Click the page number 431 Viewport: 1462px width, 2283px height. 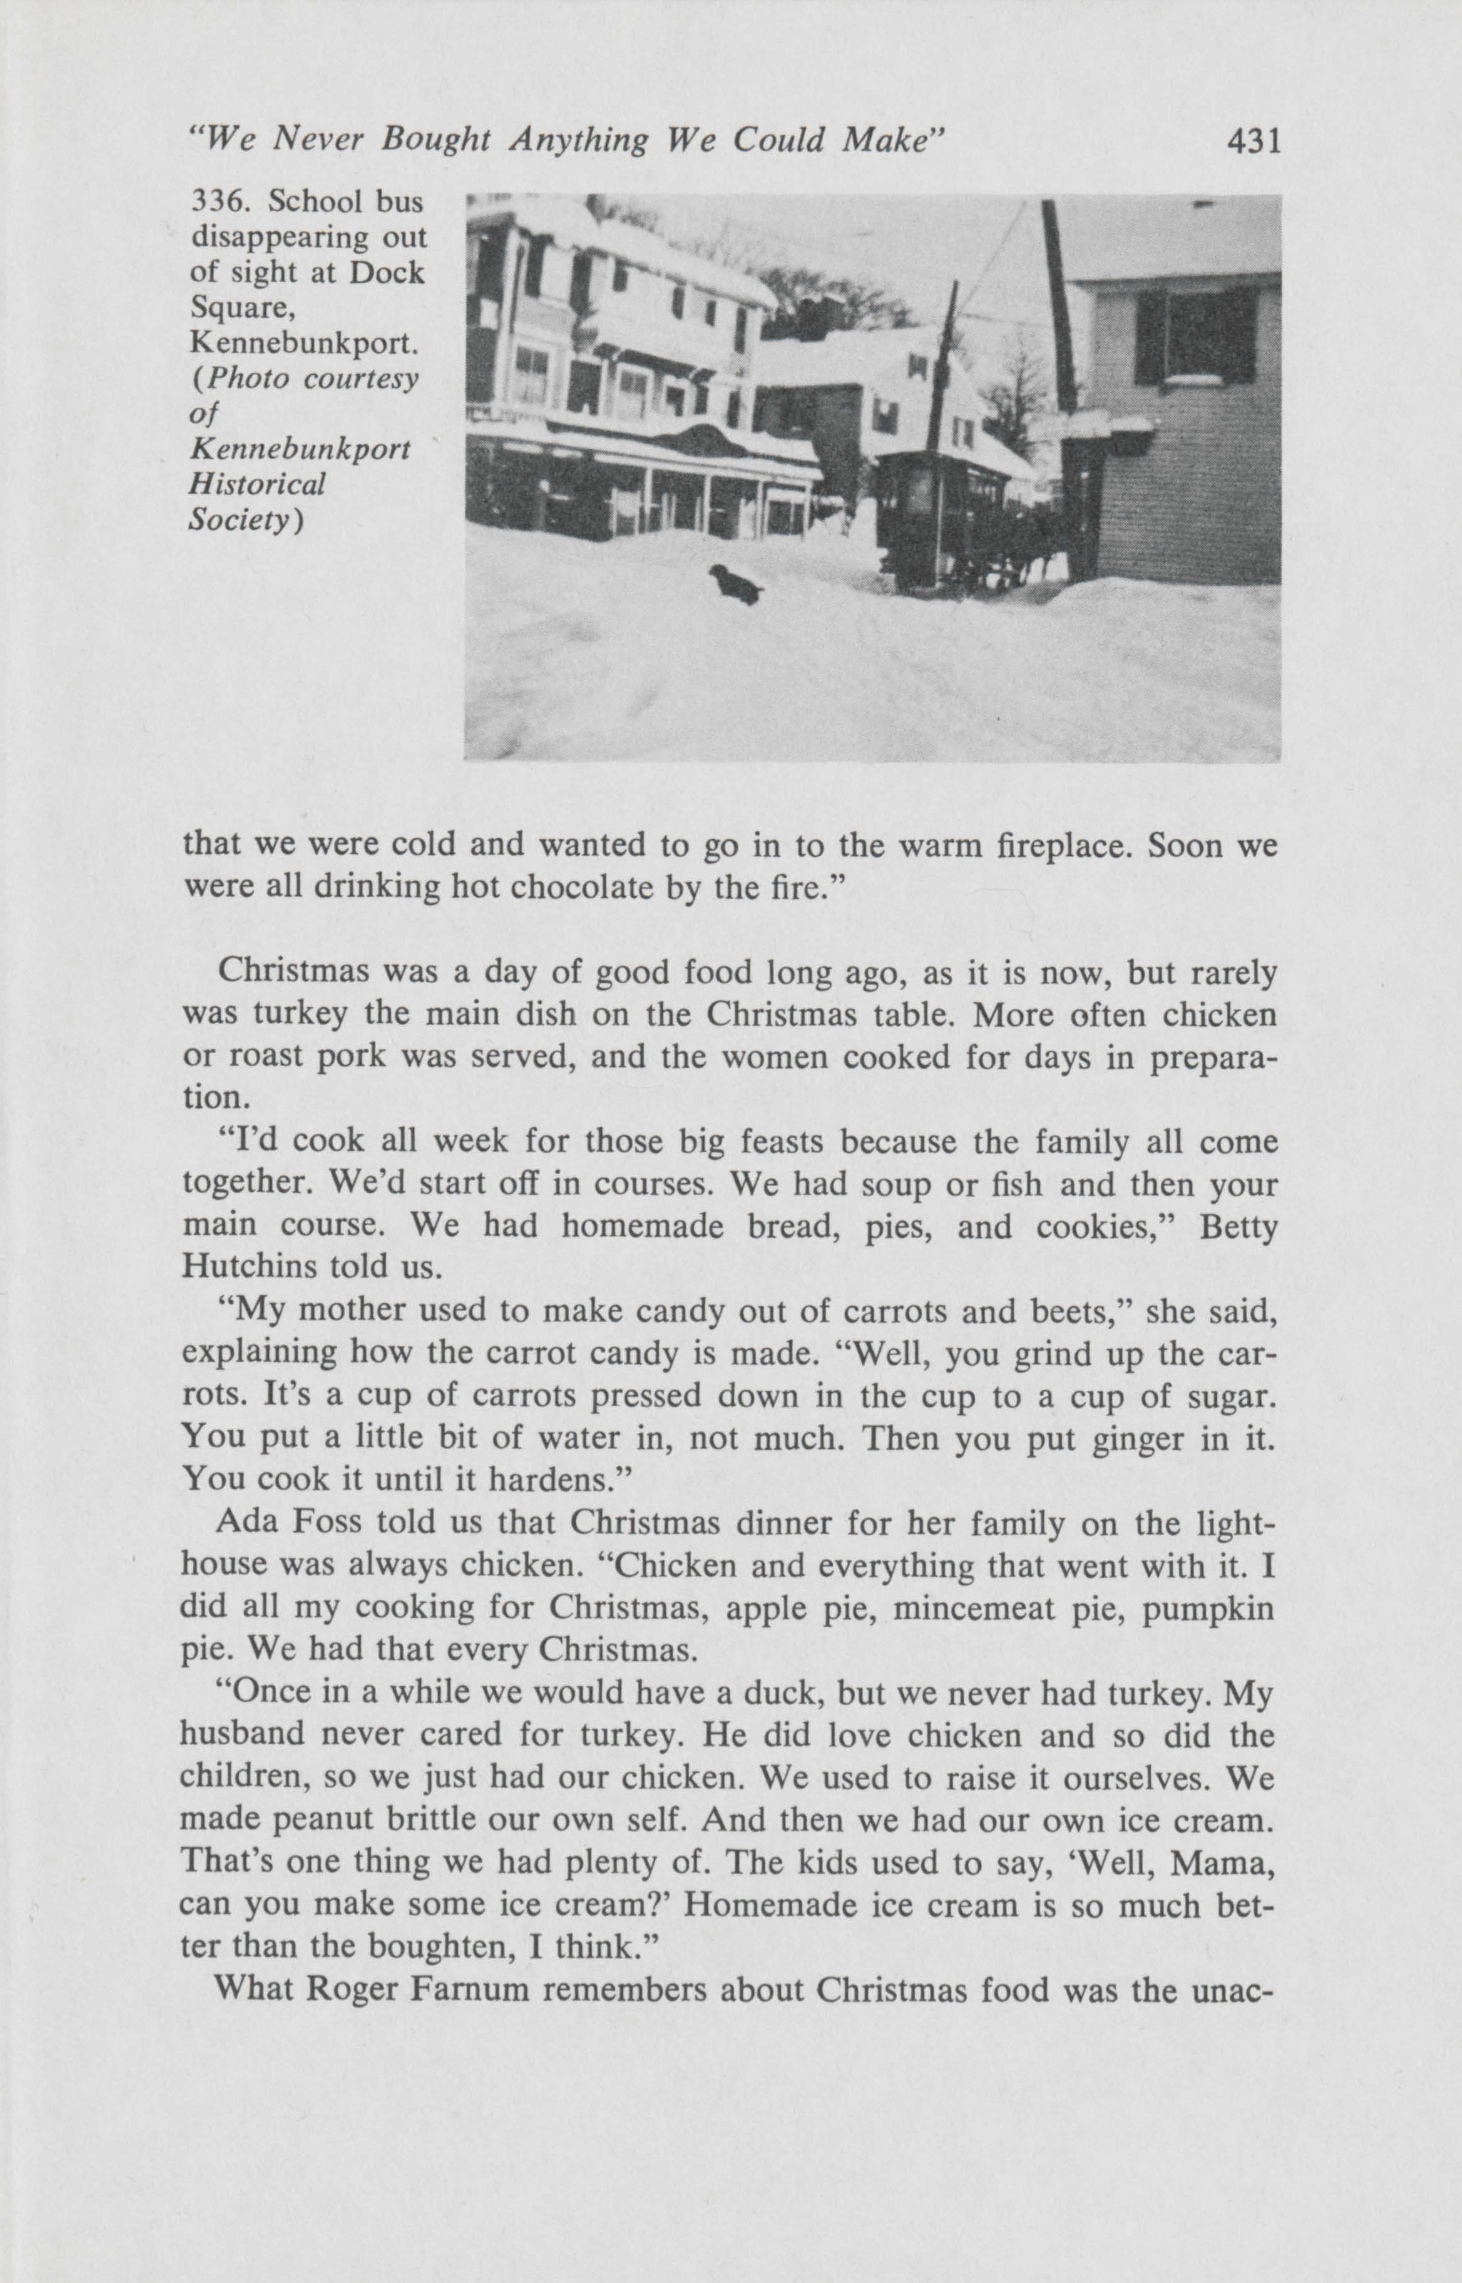click(1253, 142)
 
